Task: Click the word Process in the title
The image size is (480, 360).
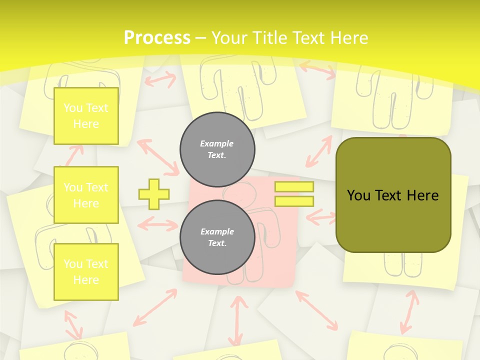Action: point(157,37)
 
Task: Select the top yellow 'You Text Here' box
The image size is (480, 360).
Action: point(86,116)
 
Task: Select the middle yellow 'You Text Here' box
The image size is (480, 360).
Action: point(86,195)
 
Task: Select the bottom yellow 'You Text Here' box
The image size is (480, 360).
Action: point(86,271)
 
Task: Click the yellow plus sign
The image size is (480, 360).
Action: point(154,194)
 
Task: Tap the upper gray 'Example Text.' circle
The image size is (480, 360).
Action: point(217,149)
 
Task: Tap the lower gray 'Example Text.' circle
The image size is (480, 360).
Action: point(217,237)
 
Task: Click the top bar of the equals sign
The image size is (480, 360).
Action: point(294,187)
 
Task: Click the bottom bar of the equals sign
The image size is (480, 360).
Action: point(294,201)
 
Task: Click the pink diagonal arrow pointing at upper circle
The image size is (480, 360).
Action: point(158,157)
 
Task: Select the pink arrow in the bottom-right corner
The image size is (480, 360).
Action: point(409,312)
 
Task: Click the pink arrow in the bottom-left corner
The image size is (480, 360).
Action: point(73,324)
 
